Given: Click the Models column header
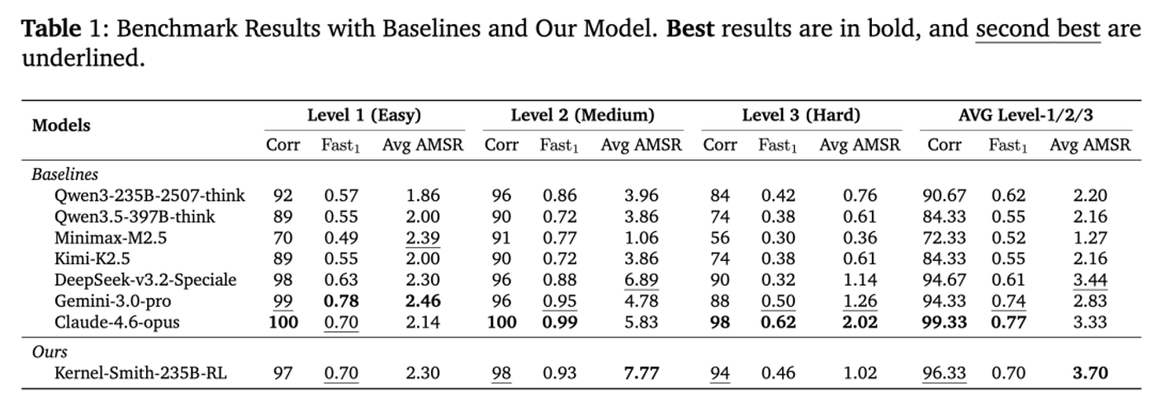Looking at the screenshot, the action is (61, 126).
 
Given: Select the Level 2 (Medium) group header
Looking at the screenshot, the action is (583, 115).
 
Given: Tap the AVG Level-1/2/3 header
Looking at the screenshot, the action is (1026, 115).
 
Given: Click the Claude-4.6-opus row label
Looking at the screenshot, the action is (117, 322).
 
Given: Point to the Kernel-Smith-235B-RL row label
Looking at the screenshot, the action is (140, 372).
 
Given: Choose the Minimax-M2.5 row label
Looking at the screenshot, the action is (111, 238).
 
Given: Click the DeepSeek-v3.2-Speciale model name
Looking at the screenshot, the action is (145, 280).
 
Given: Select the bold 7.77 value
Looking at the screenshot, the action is (642, 372).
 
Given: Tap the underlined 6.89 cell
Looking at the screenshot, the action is (642, 280).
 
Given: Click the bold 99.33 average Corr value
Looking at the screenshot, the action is (944, 322).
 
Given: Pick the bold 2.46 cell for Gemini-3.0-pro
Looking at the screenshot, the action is (423, 301).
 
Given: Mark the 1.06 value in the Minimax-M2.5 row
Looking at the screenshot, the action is (642, 238).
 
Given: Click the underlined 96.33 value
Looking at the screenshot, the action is (944, 372).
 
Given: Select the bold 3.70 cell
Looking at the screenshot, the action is (1090, 372).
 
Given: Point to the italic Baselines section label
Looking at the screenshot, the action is (65, 174).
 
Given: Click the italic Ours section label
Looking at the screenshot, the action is (50, 352).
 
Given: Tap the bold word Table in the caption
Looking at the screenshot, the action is (51, 28).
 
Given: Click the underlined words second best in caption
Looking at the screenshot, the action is (1038, 29).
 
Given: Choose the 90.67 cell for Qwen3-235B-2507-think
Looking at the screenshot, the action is (944, 196).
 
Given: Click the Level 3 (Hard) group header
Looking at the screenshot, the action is (801, 115).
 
